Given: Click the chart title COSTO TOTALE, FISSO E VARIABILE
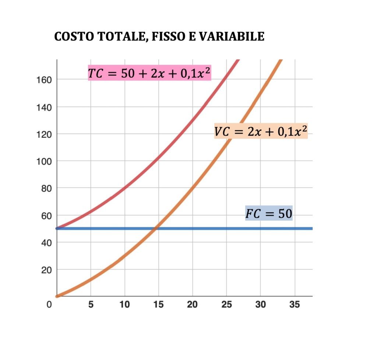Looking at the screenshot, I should click(x=159, y=37).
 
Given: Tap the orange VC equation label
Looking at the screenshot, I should click(x=261, y=131).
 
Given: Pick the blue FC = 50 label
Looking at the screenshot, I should click(x=269, y=213).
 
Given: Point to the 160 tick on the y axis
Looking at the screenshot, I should click(x=43, y=79).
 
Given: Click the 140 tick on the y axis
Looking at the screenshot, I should click(x=43, y=107).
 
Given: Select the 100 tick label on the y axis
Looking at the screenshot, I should click(x=43, y=161).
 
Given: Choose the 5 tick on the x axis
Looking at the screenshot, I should click(x=91, y=305).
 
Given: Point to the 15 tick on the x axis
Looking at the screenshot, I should click(x=158, y=305).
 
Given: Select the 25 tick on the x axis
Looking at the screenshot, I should click(x=226, y=305).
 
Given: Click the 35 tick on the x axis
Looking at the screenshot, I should click(x=295, y=305).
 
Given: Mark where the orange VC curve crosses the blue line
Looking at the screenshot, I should click(x=156, y=229).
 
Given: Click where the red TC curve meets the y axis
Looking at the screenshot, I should click(x=57, y=228).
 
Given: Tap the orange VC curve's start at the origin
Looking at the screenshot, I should click(x=57, y=296).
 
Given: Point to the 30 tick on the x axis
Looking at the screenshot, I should click(x=260, y=305).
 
